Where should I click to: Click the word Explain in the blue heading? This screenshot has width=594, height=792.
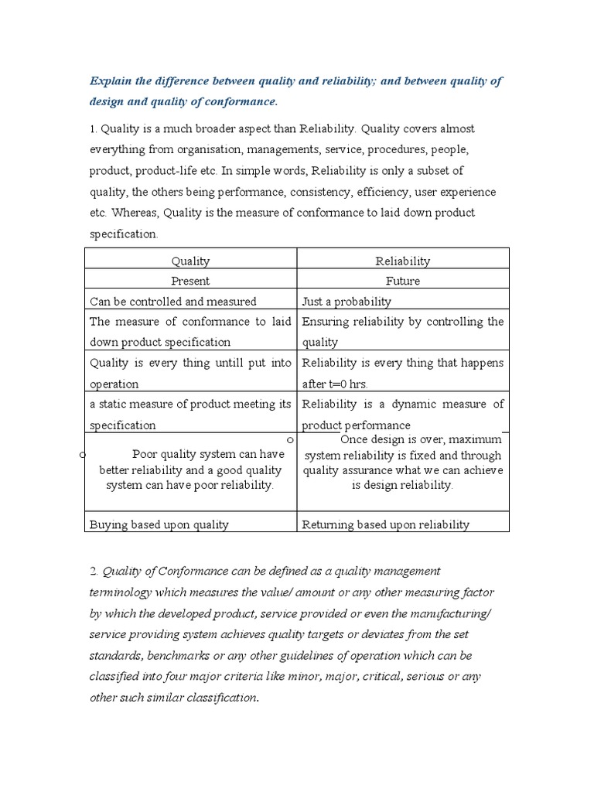[x=111, y=82]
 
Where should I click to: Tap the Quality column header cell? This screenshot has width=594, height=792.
[x=190, y=261]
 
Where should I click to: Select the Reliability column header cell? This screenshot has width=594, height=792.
[x=402, y=261]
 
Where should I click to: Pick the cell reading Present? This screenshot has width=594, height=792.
[x=190, y=282]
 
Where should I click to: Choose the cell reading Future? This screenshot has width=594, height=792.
[x=402, y=282]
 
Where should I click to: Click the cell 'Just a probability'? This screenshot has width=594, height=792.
[x=346, y=302]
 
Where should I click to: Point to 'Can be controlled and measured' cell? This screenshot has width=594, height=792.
[x=172, y=302]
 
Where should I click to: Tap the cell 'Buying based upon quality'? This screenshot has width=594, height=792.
[x=159, y=524]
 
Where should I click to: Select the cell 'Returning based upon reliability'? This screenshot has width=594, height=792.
[x=385, y=524]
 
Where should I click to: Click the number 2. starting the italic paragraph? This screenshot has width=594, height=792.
[x=94, y=571]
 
